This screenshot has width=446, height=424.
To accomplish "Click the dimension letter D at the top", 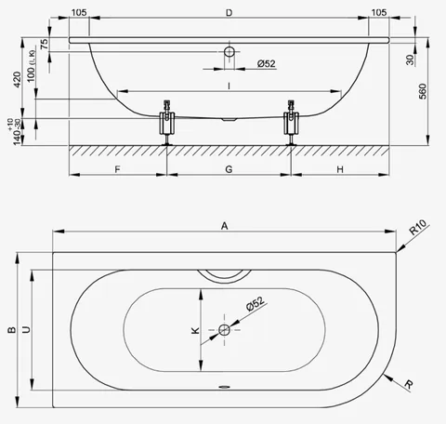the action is (x=229, y=13).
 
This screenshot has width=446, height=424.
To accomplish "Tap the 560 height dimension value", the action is (x=423, y=91).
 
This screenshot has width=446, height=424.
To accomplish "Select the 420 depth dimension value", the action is (x=18, y=79).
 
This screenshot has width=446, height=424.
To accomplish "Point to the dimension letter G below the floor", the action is (x=229, y=169).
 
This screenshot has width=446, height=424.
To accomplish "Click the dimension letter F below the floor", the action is (x=117, y=169).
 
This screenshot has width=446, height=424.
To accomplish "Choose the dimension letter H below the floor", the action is (x=340, y=169).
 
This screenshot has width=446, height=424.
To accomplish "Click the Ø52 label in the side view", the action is (x=267, y=63).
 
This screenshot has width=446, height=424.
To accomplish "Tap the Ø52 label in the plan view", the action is (x=256, y=303).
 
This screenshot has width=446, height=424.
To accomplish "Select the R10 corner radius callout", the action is (x=418, y=227).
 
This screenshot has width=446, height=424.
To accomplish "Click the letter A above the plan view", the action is (x=225, y=226).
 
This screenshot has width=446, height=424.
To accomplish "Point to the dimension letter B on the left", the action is (x=12, y=330).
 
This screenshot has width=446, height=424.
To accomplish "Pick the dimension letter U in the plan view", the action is (x=27, y=329).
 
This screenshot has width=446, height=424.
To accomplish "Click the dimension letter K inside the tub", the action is (x=195, y=330).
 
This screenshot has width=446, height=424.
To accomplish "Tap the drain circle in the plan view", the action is (x=224, y=330).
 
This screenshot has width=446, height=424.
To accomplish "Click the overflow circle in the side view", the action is (x=230, y=51).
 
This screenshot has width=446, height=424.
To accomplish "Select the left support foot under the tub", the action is (x=167, y=123).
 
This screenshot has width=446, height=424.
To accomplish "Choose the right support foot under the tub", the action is (x=291, y=123).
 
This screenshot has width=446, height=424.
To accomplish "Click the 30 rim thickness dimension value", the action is (x=410, y=60).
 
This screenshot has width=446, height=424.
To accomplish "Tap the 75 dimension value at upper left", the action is (x=45, y=44).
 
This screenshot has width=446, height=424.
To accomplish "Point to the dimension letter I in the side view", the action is (x=229, y=86).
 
